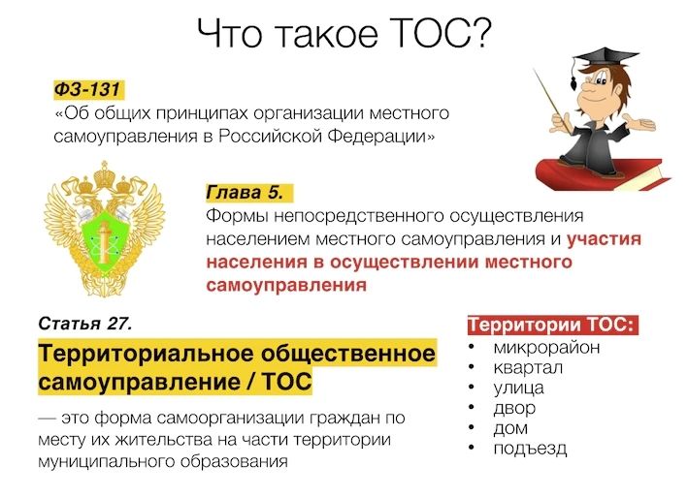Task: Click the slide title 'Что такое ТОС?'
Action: tap(344, 35)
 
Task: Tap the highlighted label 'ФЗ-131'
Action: tap(87, 90)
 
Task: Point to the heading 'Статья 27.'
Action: tap(84, 322)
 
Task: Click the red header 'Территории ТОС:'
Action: tap(551, 326)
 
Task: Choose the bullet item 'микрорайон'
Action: tap(545, 348)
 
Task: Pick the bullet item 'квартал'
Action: tap(528, 368)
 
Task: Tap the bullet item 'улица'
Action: tap(518, 388)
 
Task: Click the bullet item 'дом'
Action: tap(510, 428)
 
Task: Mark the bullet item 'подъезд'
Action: tap(529, 449)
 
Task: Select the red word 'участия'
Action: tap(604, 238)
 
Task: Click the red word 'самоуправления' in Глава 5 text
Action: tap(286, 286)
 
